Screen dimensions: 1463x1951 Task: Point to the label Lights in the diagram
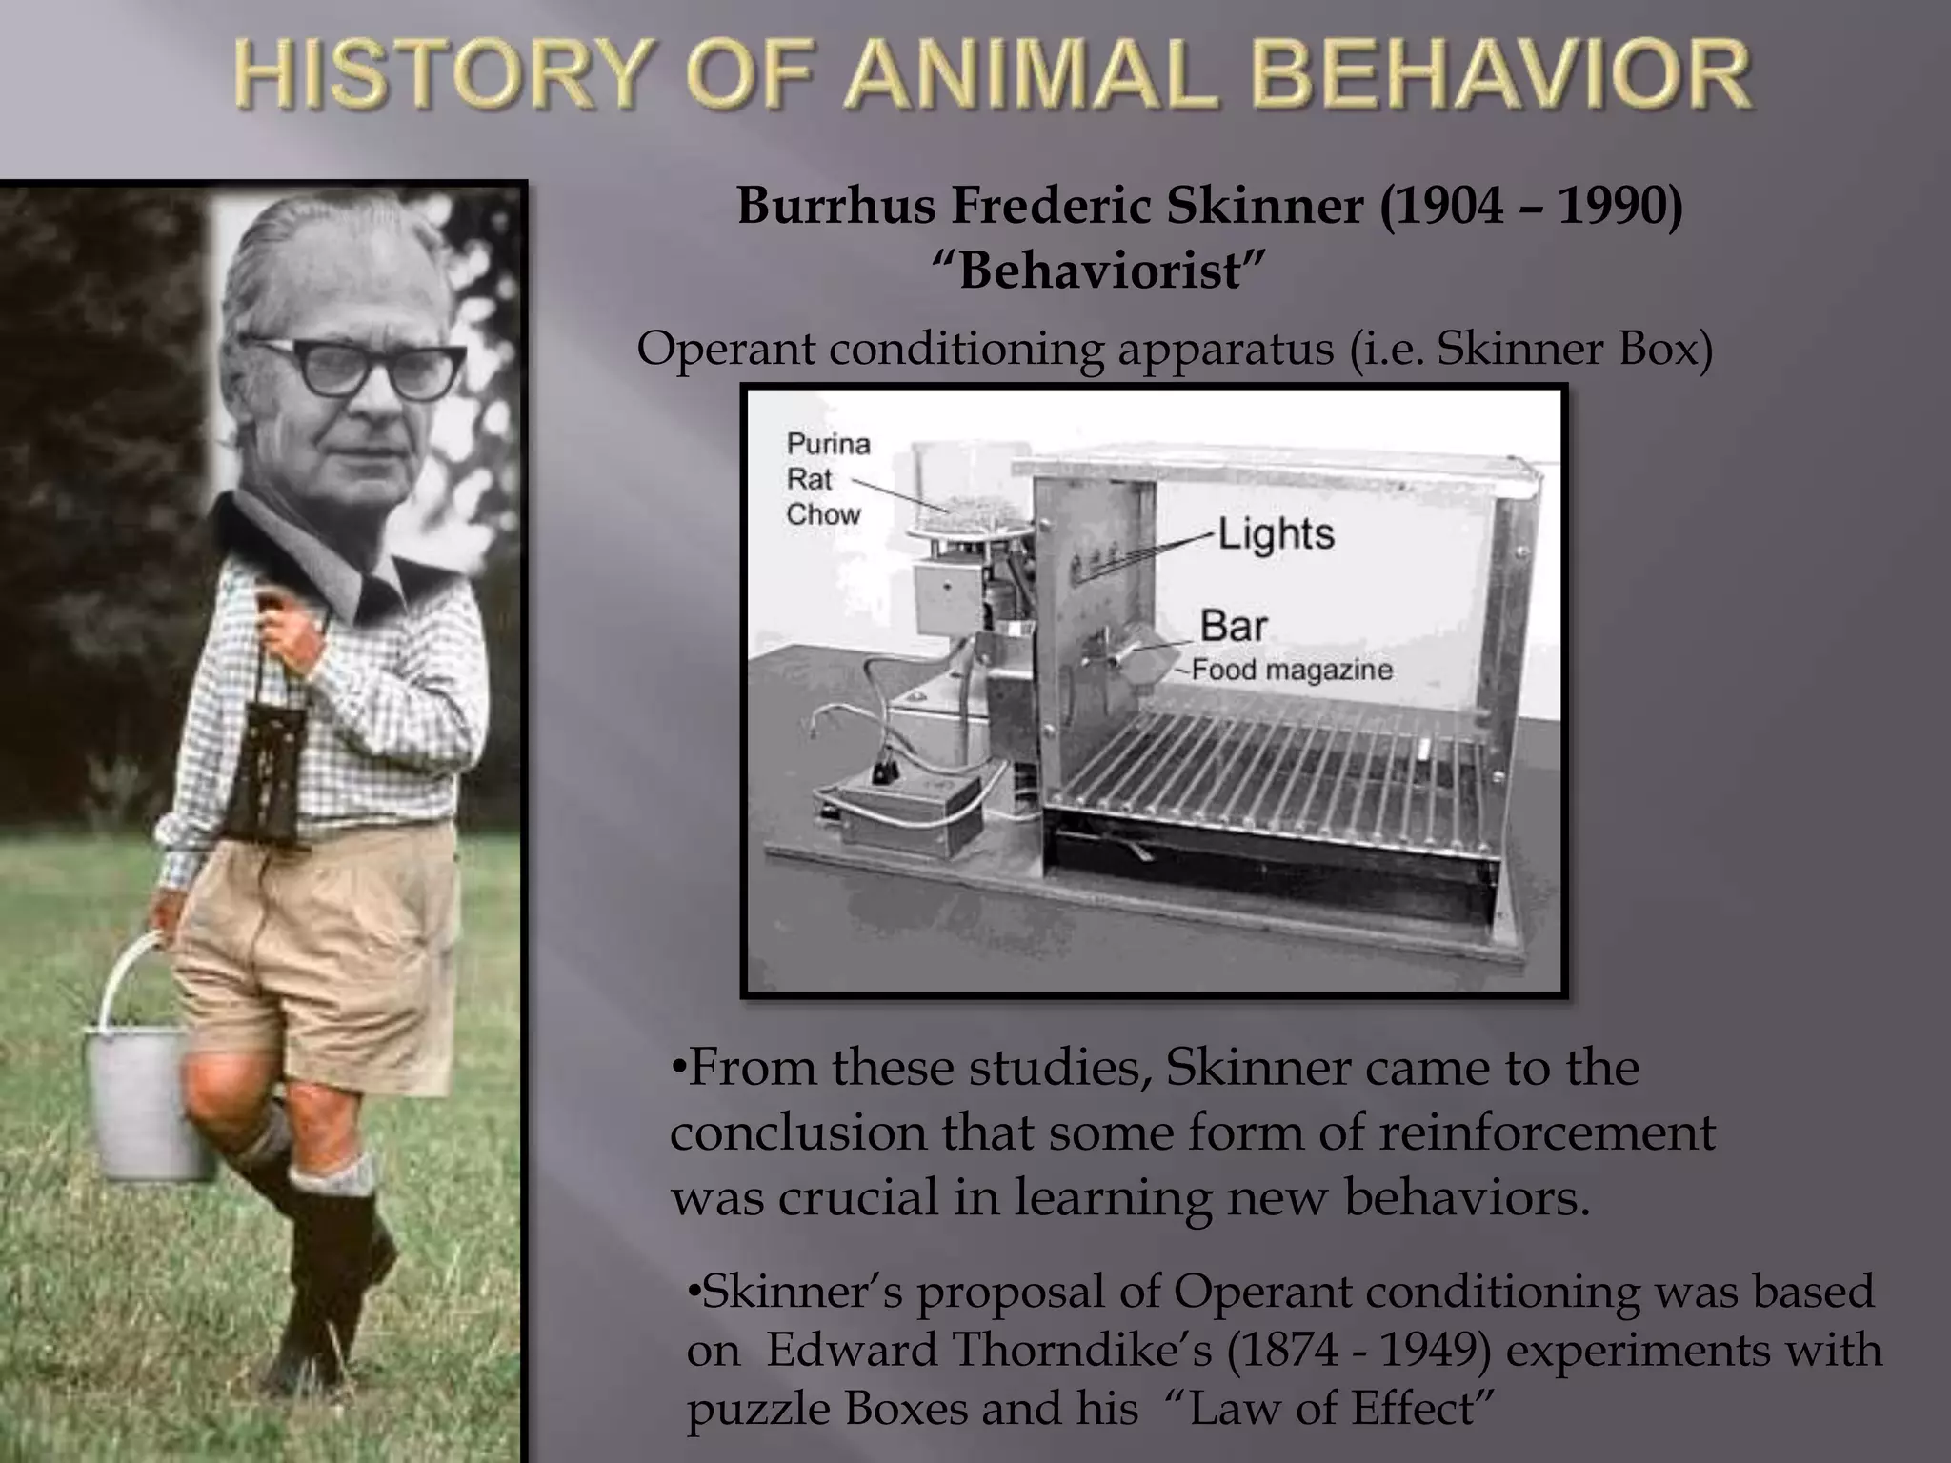[x=1276, y=534]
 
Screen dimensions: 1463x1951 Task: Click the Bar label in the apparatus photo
[x=1234, y=626]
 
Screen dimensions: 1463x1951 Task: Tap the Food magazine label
[x=1292, y=671]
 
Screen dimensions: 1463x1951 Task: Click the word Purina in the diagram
[x=828, y=444]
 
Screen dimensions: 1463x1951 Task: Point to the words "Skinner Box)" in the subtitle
[x=1574, y=350]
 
